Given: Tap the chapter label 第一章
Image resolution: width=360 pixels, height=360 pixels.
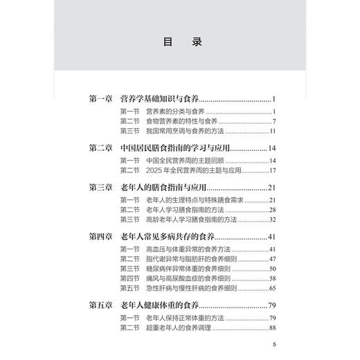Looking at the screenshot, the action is pos(104,99).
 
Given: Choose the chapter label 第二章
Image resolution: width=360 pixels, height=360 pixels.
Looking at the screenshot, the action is pos(104,148).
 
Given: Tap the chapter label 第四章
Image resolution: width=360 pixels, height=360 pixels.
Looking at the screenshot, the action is pos(104,237).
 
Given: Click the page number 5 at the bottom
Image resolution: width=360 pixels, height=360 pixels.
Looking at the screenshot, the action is pos(275,345).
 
